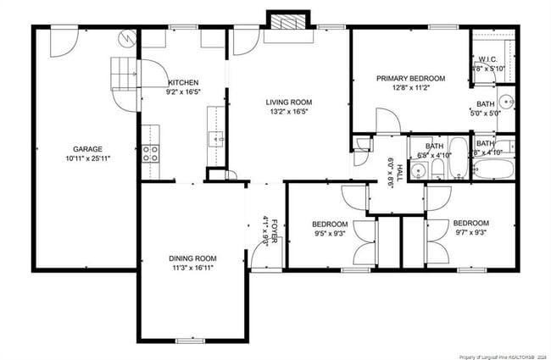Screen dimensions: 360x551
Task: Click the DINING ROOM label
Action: coord(192,258)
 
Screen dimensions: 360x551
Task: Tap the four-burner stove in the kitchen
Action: coord(151,153)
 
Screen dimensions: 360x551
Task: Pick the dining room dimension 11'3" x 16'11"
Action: coord(192,269)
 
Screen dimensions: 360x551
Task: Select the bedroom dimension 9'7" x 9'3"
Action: coord(470,234)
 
